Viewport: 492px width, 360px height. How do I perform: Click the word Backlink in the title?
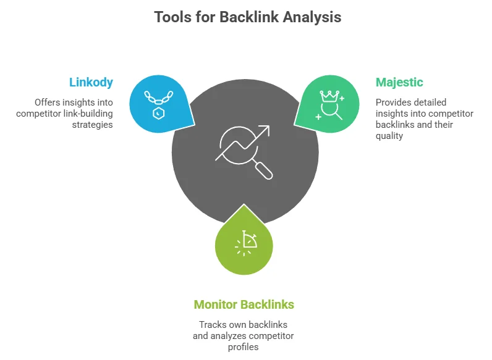249,17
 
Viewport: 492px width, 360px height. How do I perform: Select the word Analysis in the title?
312,17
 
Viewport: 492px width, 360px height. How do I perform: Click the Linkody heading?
91,82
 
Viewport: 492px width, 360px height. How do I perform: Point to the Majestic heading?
399,82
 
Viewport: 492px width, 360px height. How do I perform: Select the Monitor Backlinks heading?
244,304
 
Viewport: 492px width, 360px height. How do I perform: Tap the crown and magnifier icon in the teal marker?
329,104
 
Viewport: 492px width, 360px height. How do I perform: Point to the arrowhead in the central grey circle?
265,130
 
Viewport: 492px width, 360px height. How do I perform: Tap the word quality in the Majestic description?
389,136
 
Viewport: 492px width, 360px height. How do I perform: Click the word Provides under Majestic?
393,102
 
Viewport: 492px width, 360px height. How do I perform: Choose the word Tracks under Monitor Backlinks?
213,325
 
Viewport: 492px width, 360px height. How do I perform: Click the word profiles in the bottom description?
243,347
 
